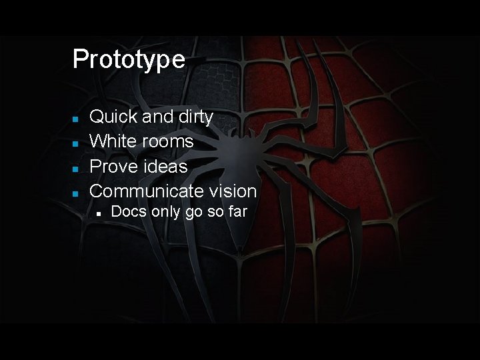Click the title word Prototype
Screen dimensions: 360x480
point(129,59)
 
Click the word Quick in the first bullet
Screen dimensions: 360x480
point(114,117)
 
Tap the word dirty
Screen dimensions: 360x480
point(194,117)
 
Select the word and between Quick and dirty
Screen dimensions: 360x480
point(157,117)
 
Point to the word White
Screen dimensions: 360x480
point(113,141)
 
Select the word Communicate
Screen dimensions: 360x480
point(145,191)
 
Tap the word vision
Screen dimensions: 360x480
point(231,191)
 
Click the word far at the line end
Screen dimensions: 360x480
point(237,213)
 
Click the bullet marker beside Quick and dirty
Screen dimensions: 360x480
point(76,119)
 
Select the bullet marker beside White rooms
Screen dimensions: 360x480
point(76,143)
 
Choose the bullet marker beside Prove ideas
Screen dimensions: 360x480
point(76,167)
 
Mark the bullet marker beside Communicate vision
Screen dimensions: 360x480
point(76,193)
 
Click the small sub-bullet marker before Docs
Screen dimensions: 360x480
point(97,214)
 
